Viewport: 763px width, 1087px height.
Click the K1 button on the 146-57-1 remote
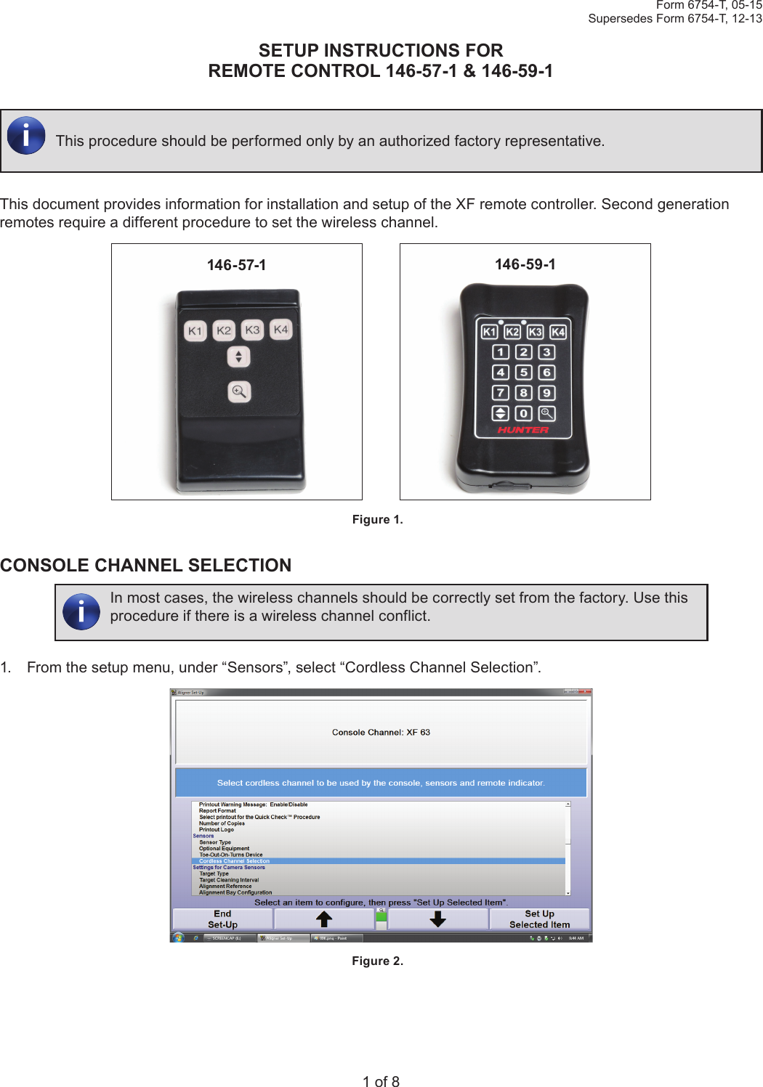195,331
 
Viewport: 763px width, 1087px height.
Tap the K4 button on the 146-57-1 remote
280,330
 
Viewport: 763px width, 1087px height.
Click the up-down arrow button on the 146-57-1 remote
238,357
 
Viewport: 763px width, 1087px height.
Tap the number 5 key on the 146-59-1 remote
523,372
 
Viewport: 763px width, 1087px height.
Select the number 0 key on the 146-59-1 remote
523,413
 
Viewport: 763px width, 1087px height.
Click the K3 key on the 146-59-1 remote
535,332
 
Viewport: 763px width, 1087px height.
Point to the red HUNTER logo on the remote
523,430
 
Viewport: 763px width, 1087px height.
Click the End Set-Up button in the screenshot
222,919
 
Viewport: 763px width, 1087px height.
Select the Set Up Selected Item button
539,919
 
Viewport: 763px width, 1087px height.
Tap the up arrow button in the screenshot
324,919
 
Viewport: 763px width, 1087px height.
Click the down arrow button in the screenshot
437,919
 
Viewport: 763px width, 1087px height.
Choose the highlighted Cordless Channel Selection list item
235,861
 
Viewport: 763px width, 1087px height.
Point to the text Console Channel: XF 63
381,733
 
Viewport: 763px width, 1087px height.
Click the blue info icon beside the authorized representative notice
26,136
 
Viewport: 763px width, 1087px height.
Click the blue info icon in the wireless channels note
81,611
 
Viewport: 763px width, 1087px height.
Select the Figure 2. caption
377,961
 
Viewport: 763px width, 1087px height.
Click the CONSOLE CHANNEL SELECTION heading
146,566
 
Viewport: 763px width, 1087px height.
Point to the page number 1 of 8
381,1081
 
